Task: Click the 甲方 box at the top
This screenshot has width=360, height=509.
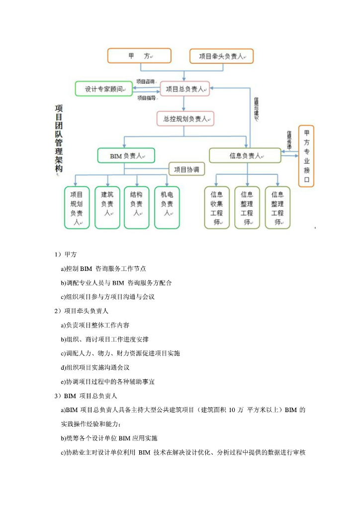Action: [139, 56]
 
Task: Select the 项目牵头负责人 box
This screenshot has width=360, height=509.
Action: [222, 56]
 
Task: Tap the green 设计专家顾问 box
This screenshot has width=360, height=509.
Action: [103, 89]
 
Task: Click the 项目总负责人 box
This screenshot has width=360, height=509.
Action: [185, 89]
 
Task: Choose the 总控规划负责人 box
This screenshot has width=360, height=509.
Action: [185, 119]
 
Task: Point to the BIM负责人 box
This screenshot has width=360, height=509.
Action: [126, 156]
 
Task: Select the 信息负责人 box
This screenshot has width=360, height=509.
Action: [245, 156]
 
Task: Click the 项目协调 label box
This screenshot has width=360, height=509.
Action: [186, 170]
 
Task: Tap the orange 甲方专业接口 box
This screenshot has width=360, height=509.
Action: [306, 156]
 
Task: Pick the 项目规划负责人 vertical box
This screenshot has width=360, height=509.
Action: [77, 208]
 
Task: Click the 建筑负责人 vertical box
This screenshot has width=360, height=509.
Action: [107, 208]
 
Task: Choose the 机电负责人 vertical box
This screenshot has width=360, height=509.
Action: [167, 208]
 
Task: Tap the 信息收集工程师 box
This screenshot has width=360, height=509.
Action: [217, 208]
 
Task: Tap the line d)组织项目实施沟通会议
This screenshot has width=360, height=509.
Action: [95, 367]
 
